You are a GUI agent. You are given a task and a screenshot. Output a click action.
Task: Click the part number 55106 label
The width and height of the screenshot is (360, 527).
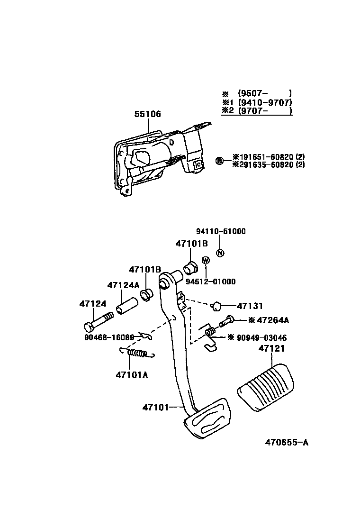pyautogui.click(x=147, y=114)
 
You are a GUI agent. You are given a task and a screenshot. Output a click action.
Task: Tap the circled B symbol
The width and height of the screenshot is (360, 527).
pyautogui.click(x=220, y=161)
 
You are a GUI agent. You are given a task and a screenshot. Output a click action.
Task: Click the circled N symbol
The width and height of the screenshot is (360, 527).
pyautogui.click(x=220, y=253)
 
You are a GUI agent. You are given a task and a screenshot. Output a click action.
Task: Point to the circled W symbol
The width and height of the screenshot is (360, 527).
pyautogui.click(x=206, y=260)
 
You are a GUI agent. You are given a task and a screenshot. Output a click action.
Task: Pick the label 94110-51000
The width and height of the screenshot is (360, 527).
pyautogui.click(x=221, y=231)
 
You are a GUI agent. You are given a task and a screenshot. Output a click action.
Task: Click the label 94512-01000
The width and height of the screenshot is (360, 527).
pyautogui.click(x=211, y=282)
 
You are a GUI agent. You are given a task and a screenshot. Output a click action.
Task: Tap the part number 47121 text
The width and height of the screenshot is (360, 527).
pyautogui.click(x=271, y=348)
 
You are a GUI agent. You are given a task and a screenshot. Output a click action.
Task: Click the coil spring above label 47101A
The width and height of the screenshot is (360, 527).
pyautogui.click(x=136, y=353)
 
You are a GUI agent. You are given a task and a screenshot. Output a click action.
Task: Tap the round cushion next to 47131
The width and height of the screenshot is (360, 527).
pyautogui.click(x=217, y=306)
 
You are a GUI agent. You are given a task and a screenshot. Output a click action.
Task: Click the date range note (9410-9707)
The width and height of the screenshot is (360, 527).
pyautogui.click(x=265, y=102)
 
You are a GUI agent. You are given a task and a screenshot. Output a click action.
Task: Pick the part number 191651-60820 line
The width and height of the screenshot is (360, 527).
pyautogui.click(x=268, y=156)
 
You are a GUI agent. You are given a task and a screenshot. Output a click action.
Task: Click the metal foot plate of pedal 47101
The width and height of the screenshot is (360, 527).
pyautogui.click(x=207, y=420)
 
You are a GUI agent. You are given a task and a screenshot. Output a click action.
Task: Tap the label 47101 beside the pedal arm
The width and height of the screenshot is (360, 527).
pyautogui.click(x=155, y=407)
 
